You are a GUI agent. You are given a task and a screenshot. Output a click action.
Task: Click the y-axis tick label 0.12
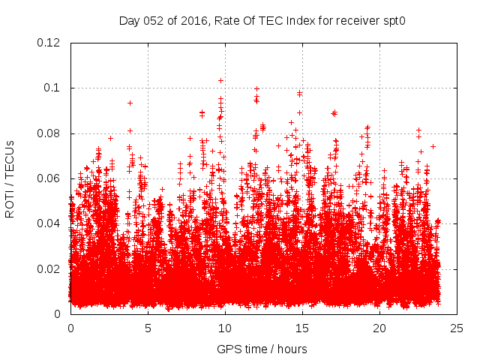pyautogui.click(x=50, y=43)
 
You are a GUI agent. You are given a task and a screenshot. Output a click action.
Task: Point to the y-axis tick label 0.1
pyautogui.click(x=54, y=88)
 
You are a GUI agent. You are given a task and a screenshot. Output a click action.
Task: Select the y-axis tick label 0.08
pyautogui.click(x=50, y=133)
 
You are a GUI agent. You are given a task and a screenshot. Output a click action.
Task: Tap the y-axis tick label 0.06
pyautogui.click(x=50, y=178)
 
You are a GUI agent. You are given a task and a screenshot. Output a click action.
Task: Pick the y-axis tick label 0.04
pyautogui.click(x=50, y=223)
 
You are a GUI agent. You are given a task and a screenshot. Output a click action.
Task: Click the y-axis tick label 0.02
pyautogui.click(x=50, y=269)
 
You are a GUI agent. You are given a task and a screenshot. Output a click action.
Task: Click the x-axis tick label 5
pyautogui.click(x=148, y=328)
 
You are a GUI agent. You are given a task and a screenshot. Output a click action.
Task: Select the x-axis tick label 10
pyautogui.click(x=225, y=328)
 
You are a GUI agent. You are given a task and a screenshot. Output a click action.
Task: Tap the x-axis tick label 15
pyautogui.click(x=302, y=328)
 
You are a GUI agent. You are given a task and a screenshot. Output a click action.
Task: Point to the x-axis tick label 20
pyautogui.click(x=379, y=328)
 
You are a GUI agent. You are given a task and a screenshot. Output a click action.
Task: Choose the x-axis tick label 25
pyautogui.click(x=457, y=328)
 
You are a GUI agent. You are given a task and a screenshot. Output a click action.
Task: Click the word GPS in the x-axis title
pyautogui.click(x=228, y=349)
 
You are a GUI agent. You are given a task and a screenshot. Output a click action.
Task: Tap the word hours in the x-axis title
pyautogui.click(x=291, y=349)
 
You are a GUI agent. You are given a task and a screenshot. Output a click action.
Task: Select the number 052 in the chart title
pyautogui.click(x=154, y=20)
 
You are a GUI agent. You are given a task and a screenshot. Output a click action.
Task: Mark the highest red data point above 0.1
pyautogui.click(x=221, y=79)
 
